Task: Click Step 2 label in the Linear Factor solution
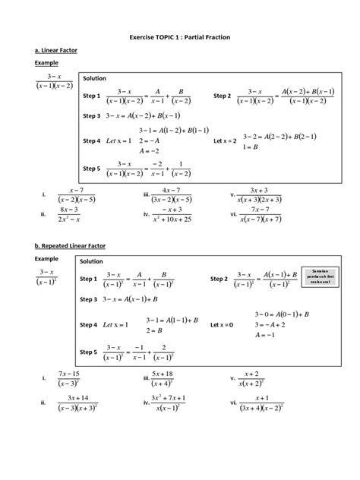pos(222,96)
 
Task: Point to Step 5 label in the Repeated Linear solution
pos(90,352)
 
